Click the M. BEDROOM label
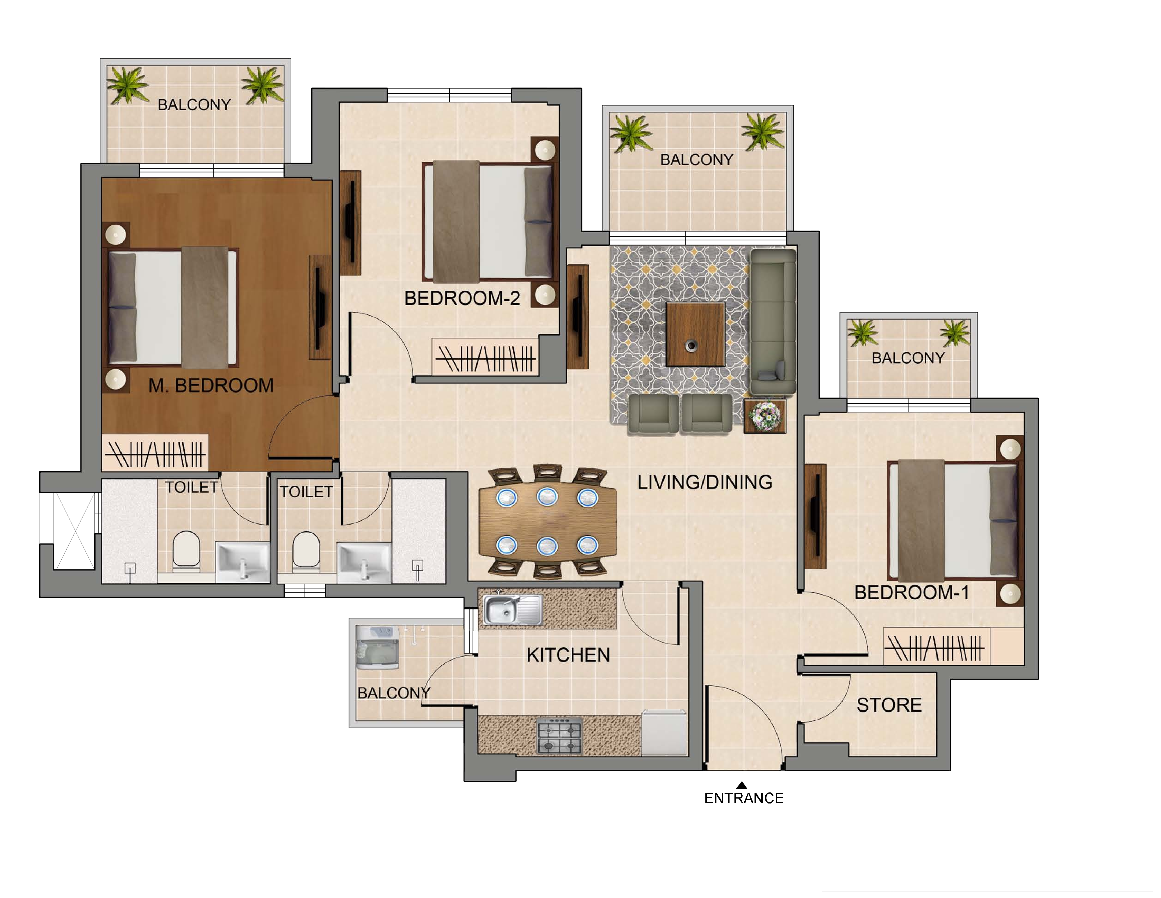pyautogui.click(x=211, y=386)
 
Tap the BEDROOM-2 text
pyautogui.click(x=462, y=298)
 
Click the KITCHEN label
pyautogui.click(x=568, y=655)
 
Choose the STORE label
pyautogui.click(x=889, y=705)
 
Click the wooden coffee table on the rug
pyautogui.click(x=695, y=334)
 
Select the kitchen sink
pyautogui.click(x=512, y=609)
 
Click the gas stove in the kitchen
pyautogui.click(x=559, y=735)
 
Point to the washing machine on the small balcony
pyautogui.click(x=377, y=648)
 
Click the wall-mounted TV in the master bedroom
pyautogui.click(x=320, y=307)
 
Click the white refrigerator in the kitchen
pyautogui.click(x=664, y=733)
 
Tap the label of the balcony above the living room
pyautogui.click(x=696, y=159)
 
